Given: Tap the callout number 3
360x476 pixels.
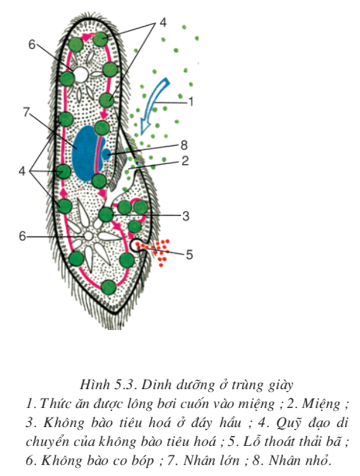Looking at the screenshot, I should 186,216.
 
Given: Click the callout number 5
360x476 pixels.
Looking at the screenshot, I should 189,254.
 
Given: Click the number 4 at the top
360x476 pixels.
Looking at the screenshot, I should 163,23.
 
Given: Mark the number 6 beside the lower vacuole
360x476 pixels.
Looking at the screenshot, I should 22,236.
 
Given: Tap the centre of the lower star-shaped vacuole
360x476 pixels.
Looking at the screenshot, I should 88,236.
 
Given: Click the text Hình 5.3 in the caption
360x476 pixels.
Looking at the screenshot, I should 109,384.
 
